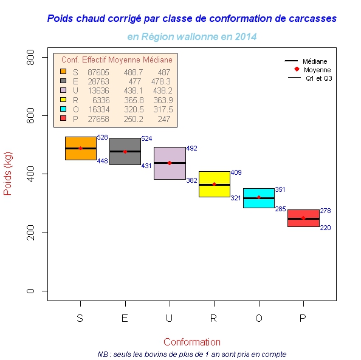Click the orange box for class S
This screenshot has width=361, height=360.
point(81,148)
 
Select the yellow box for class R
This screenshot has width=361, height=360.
point(215,184)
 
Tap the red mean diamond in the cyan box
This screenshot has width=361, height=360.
point(259,197)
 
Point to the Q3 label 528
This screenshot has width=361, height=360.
point(102,137)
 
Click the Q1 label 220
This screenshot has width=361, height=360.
point(325,228)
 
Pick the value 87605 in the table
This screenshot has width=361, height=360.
point(98,72)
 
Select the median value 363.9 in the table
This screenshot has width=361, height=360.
point(163,100)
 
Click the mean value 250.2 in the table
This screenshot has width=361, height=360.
point(134,119)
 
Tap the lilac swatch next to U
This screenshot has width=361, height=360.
point(63,90)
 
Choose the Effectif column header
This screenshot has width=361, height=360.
point(94,59)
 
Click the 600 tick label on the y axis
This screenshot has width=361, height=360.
point(30,116)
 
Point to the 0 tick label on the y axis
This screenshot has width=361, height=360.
point(30,291)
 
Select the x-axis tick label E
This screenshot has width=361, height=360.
point(125,318)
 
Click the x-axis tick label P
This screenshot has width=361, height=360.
point(303,318)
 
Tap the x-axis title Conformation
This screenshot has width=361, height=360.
point(192,342)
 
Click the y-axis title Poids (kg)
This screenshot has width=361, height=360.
point(8,174)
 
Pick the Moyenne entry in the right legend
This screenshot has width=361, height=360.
point(317,70)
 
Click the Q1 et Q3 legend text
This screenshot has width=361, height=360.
point(319,78)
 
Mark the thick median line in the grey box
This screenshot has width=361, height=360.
point(125,151)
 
